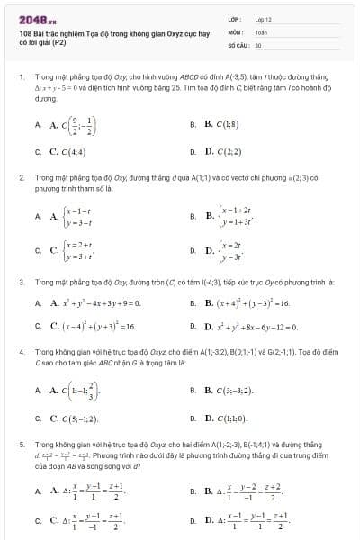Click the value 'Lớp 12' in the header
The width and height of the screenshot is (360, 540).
[263, 19]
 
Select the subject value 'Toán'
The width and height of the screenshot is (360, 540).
[261, 31]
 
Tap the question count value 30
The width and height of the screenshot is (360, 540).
[258, 43]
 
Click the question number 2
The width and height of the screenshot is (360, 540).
[21, 179]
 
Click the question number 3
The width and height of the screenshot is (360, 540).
[21, 282]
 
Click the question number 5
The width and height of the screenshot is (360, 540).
[21, 445]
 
